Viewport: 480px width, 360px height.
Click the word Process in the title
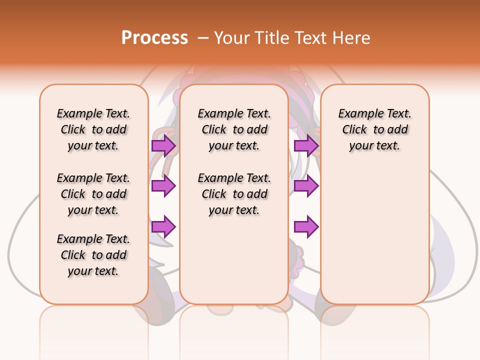[154, 38]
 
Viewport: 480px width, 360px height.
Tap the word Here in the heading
[352, 38]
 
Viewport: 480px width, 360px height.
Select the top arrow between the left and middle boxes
[163, 145]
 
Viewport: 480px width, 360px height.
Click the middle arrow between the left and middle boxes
[163, 186]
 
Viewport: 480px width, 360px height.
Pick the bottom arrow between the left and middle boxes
[163, 227]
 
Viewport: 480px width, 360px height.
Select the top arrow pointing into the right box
[306, 145]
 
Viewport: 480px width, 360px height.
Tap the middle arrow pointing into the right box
[306, 186]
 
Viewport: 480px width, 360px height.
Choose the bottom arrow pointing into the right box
[306, 227]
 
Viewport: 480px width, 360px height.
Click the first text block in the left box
[93, 129]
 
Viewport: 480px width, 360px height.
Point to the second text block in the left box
[93, 194]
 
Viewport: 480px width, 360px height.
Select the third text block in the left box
[93, 255]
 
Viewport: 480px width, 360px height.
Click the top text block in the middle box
[234, 129]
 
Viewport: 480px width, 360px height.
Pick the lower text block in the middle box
[234, 194]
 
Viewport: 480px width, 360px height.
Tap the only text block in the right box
[374, 129]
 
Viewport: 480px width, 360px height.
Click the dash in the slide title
[203, 38]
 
